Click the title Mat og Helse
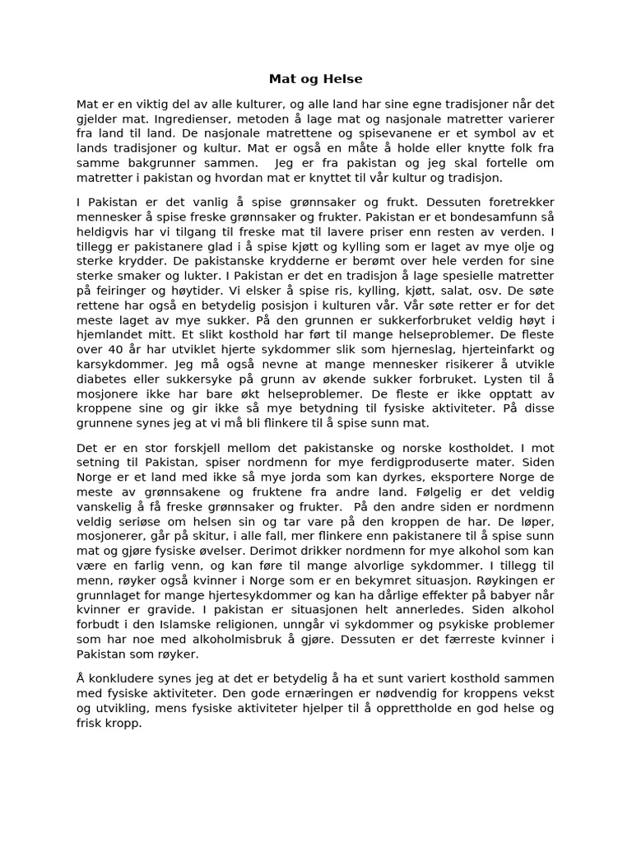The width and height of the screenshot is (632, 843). [x=315, y=79]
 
